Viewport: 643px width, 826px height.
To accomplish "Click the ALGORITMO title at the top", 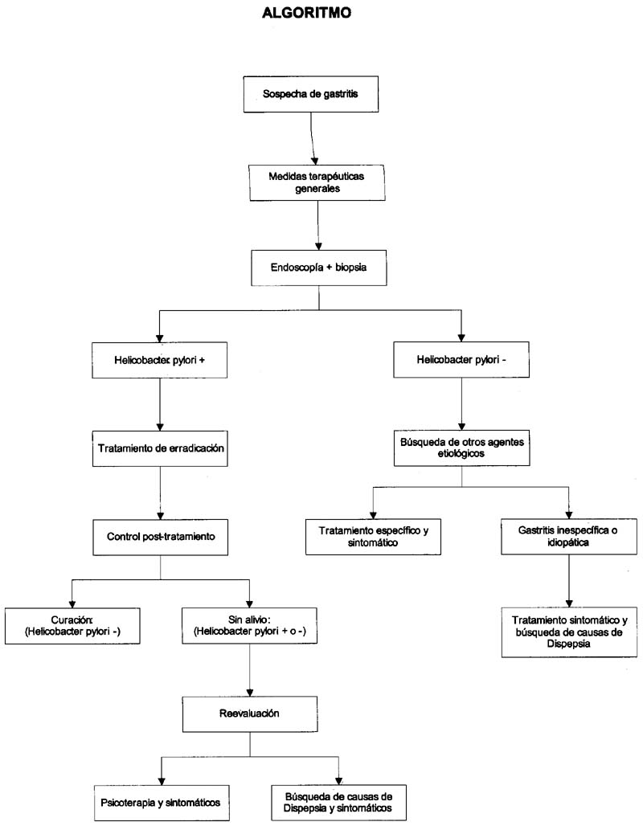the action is [307, 12].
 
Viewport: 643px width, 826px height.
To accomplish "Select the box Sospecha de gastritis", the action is [311, 94].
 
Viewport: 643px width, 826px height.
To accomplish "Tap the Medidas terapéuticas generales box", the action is [317, 182].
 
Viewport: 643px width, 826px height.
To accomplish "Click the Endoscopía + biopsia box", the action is [319, 268].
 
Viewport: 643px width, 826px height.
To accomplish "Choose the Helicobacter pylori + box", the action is [160, 360].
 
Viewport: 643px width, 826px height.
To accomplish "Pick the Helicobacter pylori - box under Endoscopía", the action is [461, 360].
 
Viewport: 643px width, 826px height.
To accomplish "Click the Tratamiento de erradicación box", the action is [160, 449].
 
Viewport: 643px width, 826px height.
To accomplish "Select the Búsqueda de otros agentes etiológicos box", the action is [461, 448].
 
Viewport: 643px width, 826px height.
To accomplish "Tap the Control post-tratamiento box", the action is [161, 538].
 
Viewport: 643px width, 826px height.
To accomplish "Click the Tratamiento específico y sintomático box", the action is [373, 537].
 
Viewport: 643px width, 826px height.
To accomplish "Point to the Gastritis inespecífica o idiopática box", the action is [569, 536].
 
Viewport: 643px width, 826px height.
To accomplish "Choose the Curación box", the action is [72, 626].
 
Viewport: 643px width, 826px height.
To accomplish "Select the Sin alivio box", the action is [250, 626].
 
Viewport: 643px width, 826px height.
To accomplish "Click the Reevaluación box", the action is [250, 714].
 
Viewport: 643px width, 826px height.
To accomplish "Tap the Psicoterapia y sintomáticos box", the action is [162, 803].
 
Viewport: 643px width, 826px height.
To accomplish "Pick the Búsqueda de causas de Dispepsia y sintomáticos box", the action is [339, 803].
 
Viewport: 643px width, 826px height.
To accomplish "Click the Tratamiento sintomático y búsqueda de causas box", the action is [569, 632].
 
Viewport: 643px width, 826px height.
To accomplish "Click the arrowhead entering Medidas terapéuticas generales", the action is [315, 160].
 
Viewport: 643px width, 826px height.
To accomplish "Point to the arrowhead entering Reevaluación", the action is [250, 692].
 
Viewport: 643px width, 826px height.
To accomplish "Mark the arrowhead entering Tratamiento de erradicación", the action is [160, 426].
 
